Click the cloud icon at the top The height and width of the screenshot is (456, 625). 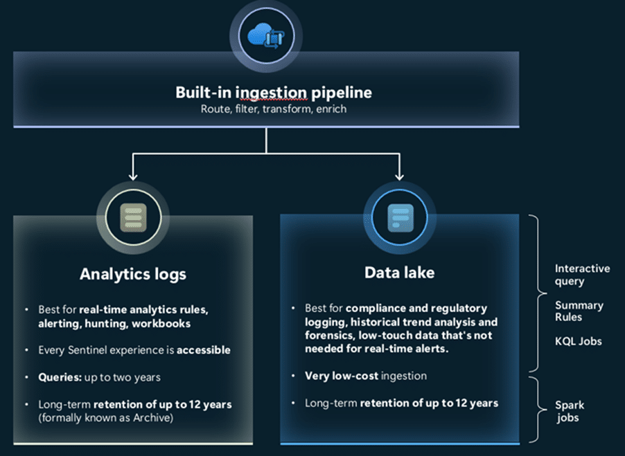coord(266,35)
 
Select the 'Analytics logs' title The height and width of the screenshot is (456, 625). coord(132,274)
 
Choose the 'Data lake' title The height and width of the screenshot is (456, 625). coord(400,273)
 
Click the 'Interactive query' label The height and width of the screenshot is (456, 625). coord(582,275)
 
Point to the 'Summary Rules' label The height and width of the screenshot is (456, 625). coord(579,311)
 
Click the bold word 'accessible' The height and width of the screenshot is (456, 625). coord(204,350)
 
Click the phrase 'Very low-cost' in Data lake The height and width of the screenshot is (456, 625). coord(336,376)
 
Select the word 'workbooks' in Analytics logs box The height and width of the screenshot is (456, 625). coord(163,323)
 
